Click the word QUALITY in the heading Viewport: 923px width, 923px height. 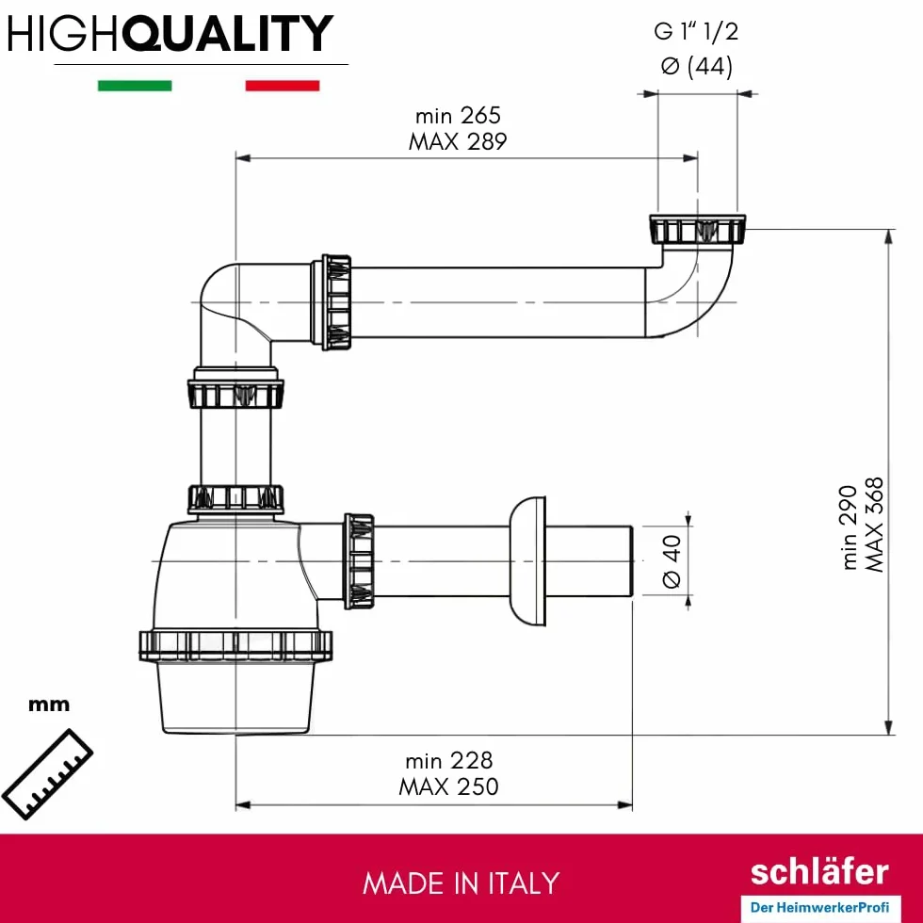coord(228,33)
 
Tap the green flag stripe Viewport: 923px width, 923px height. coord(135,86)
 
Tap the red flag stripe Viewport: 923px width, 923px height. coord(283,86)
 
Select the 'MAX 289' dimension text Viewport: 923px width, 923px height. coord(458,142)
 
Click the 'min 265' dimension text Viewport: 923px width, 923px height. coord(458,115)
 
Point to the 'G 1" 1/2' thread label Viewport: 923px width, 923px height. coord(696,31)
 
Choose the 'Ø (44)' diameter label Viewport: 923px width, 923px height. coord(696,66)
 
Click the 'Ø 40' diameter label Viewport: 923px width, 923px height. coord(672,561)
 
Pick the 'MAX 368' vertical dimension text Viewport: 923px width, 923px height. coord(874,525)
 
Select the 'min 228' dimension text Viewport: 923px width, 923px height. coord(448,761)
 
